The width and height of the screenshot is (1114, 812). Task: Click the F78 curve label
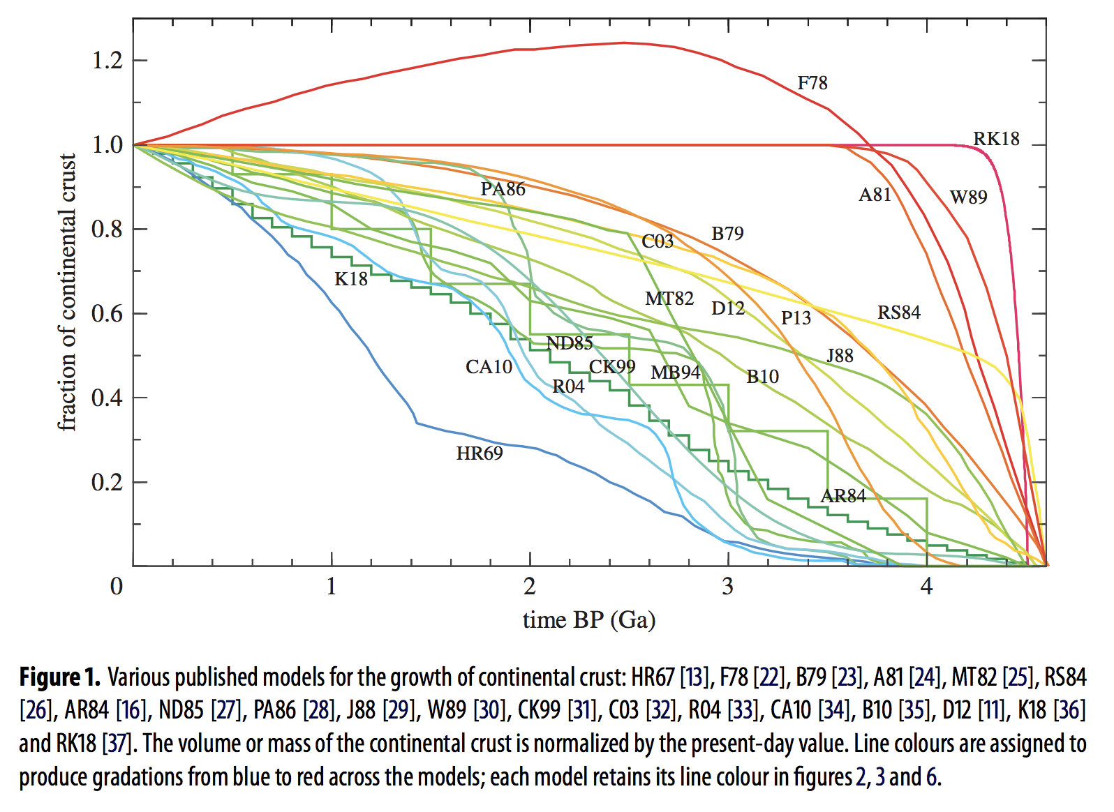pyautogui.click(x=812, y=83)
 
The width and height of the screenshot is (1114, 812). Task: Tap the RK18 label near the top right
pyautogui.click(x=996, y=139)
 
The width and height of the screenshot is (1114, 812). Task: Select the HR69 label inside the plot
pyautogui.click(x=480, y=453)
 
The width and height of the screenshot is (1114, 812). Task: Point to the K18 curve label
pyautogui.click(x=350, y=279)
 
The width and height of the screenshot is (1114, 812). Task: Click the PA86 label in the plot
pyautogui.click(x=503, y=189)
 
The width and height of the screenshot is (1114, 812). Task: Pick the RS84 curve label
pyautogui.click(x=899, y=313)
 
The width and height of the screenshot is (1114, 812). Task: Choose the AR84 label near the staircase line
pyautogui.click(x=843, y=496)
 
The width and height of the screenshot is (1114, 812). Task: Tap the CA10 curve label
pyautogui.click(x=489, y=367)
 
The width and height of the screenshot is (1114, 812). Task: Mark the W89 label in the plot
pyautogui.click(x=969, y=197)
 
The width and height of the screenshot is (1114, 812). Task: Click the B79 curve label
pyautogui.click(x=727, y=234)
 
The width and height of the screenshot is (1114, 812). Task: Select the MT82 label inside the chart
pyautogui.click(x=669, y=299)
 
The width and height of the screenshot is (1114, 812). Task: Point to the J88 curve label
pyautogui.click(x=840, y=356)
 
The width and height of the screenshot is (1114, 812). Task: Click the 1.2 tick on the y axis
pyautogui.click(x=107, y=61)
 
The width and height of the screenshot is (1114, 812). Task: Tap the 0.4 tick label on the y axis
pyautogui.click(x=107, y=398)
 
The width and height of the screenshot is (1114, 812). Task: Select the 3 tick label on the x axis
pyautogui.click(x=728, y=587)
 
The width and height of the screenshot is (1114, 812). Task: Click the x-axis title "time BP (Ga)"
pyautogui.click(x=589, y=620)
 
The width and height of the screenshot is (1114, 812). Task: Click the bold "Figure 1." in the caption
pyautogui.click(x=60, y=677)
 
